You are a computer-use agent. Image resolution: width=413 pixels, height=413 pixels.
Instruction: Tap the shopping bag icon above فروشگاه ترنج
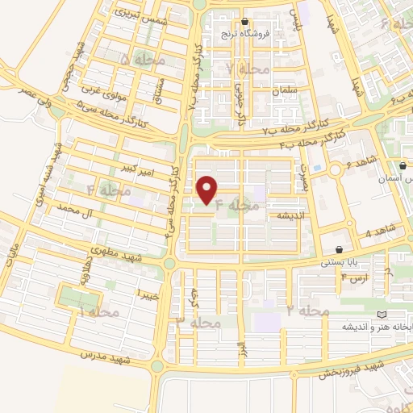245,22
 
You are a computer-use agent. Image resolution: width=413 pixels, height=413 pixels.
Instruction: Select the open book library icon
382,314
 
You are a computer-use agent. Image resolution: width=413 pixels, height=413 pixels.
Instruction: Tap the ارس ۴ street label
355,278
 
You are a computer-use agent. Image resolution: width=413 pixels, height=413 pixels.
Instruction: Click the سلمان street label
286,91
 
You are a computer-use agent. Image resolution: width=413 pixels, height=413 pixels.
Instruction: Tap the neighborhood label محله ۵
136,59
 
